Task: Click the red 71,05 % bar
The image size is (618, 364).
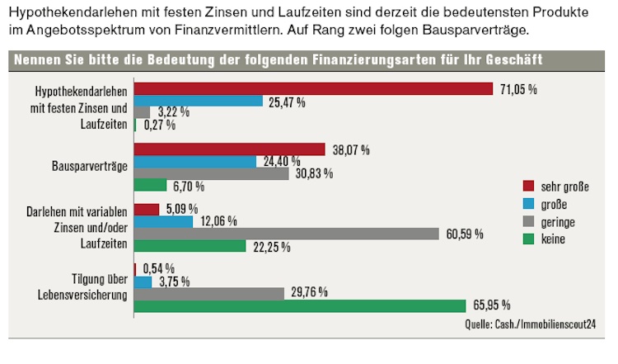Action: (313, 88)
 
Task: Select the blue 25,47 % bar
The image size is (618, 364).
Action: (199, 102)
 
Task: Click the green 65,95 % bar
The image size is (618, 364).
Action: (300, 306)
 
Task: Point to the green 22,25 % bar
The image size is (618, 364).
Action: (190, 246)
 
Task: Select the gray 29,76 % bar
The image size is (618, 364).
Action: (210, 293)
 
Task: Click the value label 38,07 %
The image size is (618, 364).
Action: (349, 149)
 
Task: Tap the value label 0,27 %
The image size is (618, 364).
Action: (159, 125)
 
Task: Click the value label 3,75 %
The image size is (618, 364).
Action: (174, 281)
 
